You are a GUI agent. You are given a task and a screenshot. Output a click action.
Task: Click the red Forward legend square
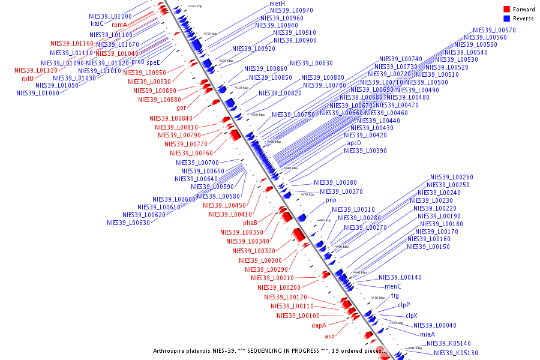point(506,9)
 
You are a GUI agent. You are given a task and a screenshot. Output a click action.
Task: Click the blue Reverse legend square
point(506,19)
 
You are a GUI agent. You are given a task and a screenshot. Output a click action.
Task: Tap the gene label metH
point(277,4)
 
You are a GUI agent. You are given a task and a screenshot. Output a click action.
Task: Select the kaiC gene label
point(97,24)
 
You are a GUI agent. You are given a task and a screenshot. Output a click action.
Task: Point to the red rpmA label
point(119,25)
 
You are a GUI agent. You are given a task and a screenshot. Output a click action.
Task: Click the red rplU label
point(28,79)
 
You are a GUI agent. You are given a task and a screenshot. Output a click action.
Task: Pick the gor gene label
point(181,108)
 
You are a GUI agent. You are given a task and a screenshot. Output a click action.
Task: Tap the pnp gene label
point(331,200)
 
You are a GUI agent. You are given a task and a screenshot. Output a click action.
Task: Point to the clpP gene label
point(404,305)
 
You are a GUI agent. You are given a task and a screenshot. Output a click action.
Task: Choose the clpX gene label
point(411,316)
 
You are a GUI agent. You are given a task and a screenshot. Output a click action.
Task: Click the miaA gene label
point(427,334)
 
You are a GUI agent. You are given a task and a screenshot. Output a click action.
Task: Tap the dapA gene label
point(319,325)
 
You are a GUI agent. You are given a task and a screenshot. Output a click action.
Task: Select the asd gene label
point(330,336)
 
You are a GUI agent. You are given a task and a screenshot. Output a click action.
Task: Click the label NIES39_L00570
point(494,30)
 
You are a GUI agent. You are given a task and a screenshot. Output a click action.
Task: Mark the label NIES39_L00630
point(128,223)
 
